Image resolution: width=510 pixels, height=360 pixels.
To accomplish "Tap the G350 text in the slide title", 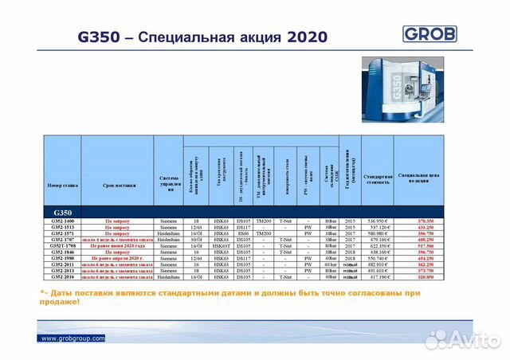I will [96, 37].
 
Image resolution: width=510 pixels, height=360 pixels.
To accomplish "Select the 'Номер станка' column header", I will [62, 185].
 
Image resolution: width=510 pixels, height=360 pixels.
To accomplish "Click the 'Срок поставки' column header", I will [118, 185].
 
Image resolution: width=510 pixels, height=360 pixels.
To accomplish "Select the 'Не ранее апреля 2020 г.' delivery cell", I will [118, 259].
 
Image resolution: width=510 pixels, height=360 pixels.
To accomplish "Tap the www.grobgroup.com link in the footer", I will [73, 338].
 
